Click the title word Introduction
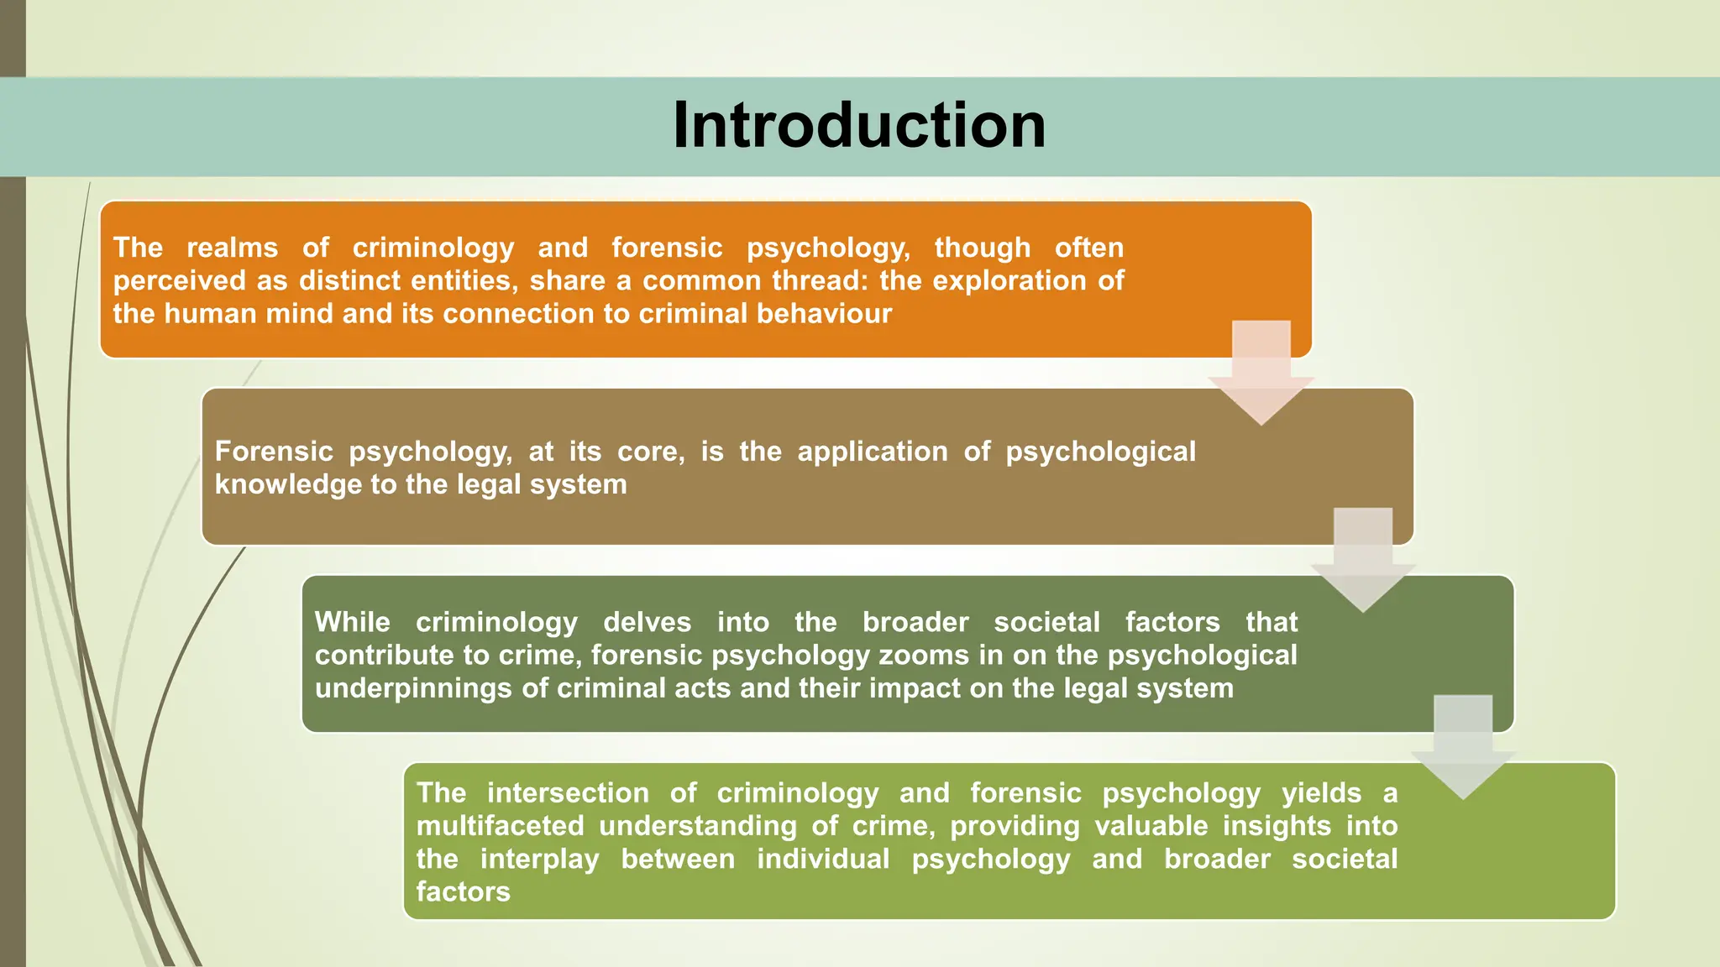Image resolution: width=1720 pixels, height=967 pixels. (859, 125)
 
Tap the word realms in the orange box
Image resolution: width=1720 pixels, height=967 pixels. (232, 248)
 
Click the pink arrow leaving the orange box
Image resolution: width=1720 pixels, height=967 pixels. (1261, 374)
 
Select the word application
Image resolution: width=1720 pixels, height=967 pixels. (872, 452)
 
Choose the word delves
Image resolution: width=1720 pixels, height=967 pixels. (647, 622)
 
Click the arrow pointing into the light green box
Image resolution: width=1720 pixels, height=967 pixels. (1463, 748)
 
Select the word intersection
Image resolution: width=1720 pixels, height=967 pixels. (568, 793)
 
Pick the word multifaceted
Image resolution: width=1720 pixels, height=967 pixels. (500, 826)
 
